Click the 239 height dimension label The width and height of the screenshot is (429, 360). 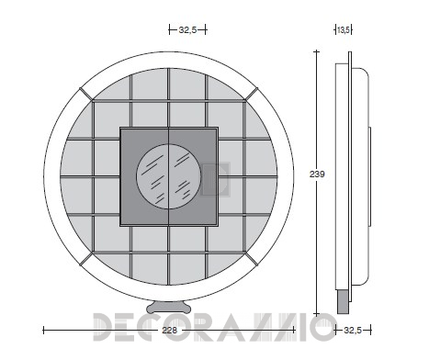point(317,174)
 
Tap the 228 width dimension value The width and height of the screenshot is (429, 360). point(169,331)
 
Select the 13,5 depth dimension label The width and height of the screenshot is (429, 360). point(344,30)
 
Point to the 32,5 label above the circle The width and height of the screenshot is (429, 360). point(187,30)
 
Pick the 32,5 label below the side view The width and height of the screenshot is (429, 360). point(353,331)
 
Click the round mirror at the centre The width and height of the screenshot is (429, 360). point(169,176)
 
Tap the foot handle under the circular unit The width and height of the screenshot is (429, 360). point(169,308)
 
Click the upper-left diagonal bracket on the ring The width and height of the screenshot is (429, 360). point(85,94)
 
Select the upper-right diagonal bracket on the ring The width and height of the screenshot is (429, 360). point(251,94)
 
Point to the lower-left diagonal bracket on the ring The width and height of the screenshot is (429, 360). point(85,259)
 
